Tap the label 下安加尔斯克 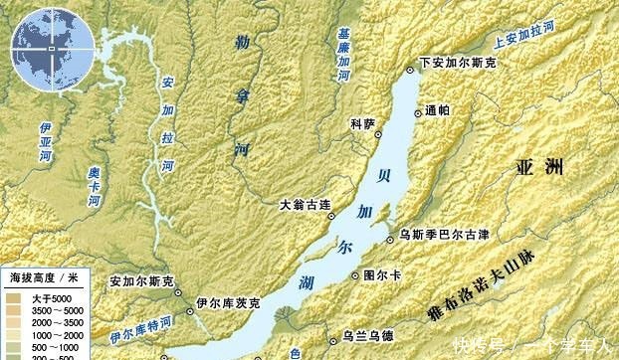pos(459,62)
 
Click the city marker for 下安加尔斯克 pos(412,69)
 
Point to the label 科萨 pos(362,123)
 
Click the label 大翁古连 pos(303,206)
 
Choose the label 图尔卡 pos(381,272)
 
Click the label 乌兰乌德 pos(367,335)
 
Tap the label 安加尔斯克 pos(141,281)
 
